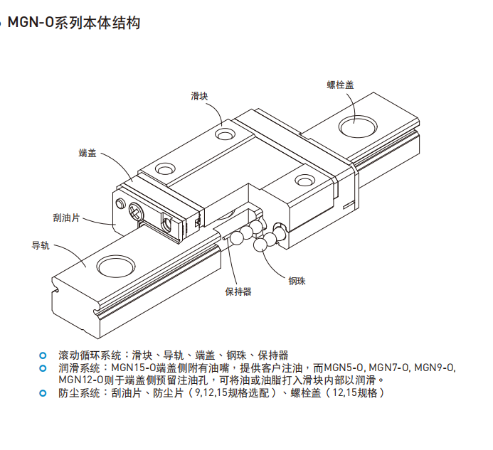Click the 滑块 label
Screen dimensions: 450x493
point(199,95)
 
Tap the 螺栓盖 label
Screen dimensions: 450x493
point(340,85)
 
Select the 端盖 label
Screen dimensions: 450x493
point(88,153)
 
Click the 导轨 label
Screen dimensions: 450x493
point(41,246)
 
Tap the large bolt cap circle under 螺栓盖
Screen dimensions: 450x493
point(357,127)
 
